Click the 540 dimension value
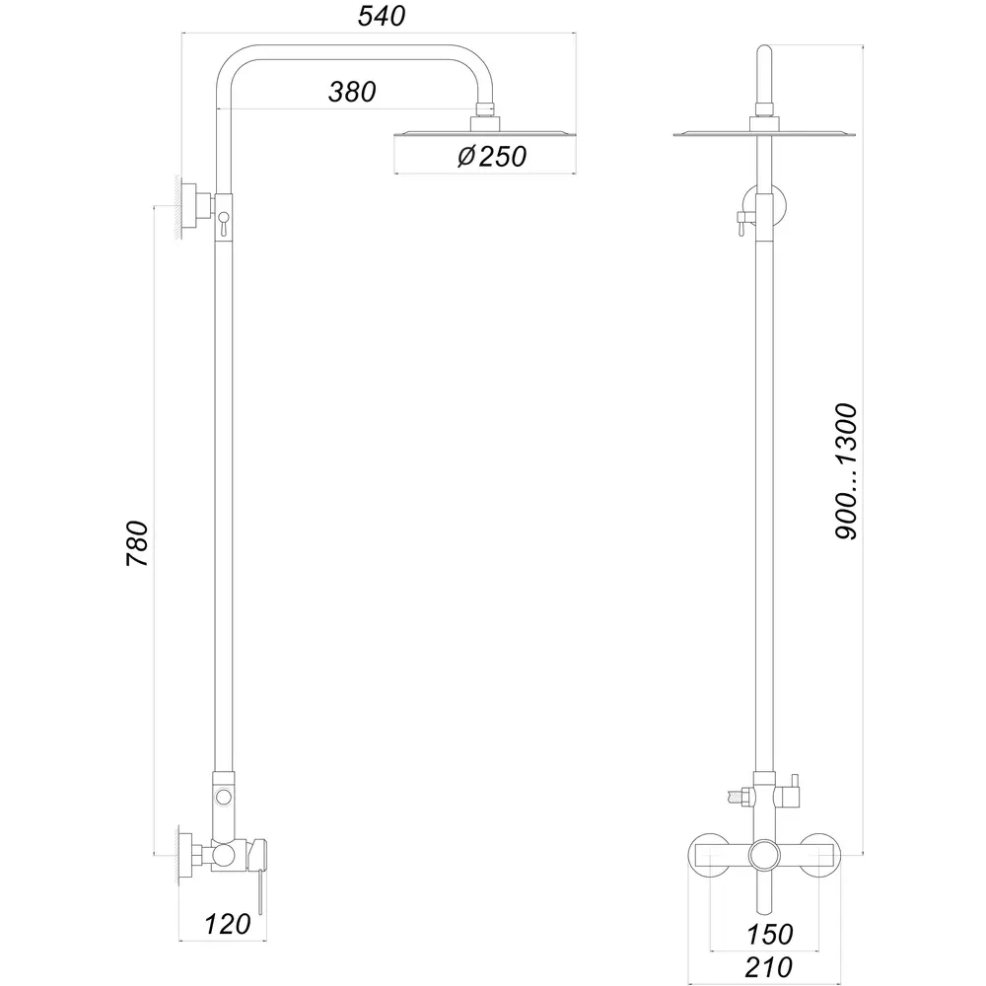coord(381,17)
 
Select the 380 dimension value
coord(352,92)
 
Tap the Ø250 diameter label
coord(492,157)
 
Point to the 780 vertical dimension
coord(137,543)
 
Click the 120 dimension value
coord(228,925)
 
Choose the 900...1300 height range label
coord(846,471)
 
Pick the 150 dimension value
coord(770,935)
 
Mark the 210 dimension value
coord(768,968)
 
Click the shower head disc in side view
coord(485,134)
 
